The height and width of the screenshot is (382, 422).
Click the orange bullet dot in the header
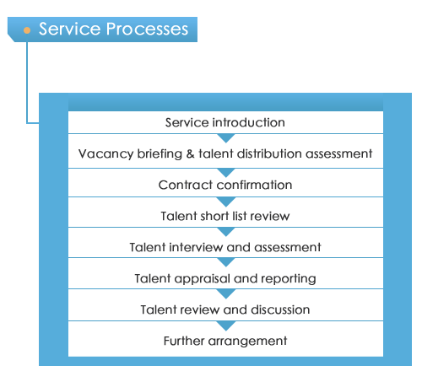(27, 30)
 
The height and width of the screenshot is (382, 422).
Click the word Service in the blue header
(69, 29)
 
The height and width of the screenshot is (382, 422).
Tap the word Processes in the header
(147, 29)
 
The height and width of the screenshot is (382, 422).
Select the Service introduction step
(225, 122)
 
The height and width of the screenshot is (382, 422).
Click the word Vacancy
(105, 154)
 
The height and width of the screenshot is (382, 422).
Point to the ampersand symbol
(190, 153)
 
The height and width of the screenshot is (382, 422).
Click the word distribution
(269, 153)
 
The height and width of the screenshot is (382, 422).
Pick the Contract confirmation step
(225, 185)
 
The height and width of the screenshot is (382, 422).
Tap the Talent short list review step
(225, 216)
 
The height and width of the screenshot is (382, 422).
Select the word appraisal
(202, 279)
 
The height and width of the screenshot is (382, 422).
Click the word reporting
(289, 279)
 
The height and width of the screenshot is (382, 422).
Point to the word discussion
(280, 309)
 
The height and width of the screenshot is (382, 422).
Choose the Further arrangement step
(225, 342)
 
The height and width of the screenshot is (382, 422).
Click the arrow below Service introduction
(226, 138)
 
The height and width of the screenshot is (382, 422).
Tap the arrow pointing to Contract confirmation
(226, 173)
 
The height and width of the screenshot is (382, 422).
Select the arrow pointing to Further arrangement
(226, 326)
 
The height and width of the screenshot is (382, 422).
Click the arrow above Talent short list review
(226, 202)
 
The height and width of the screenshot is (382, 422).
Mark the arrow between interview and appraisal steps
(226, 262)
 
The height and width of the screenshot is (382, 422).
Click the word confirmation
(255, 185)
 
